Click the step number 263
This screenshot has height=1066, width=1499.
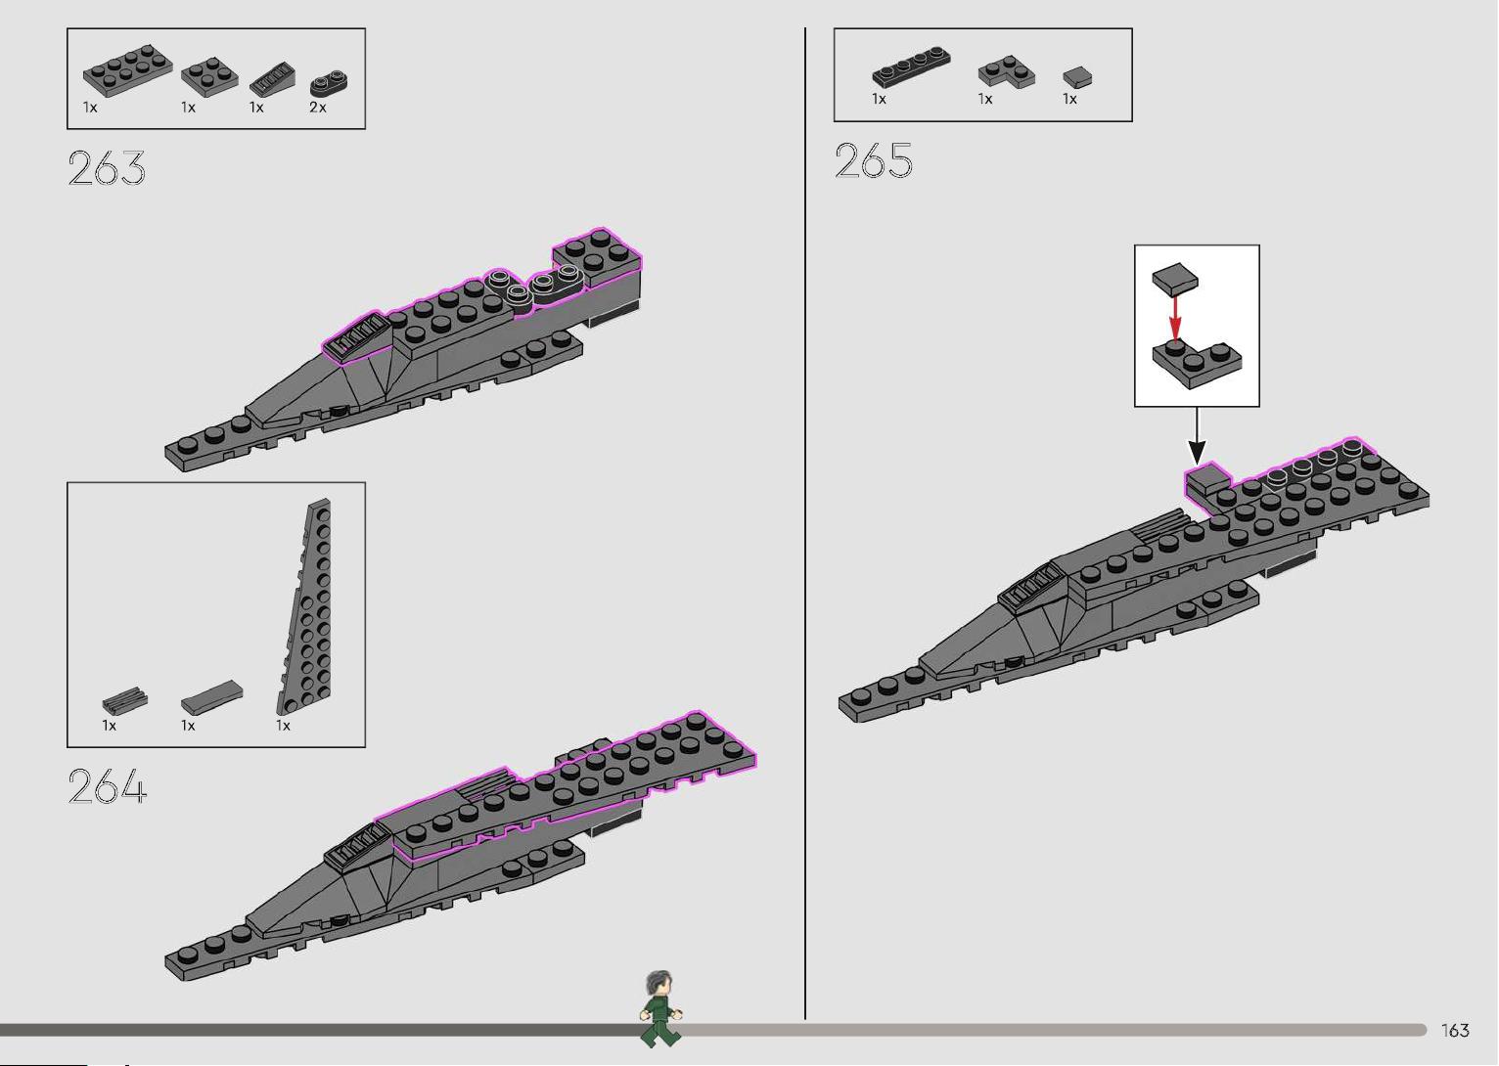(107, 167)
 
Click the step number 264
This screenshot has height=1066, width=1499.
(107, 785)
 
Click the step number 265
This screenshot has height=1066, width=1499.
(874, 160)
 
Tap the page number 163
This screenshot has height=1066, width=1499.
(1455, 1030)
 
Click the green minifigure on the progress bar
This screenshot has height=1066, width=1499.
(660, 1008)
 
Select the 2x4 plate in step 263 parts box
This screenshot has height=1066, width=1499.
(127, 70)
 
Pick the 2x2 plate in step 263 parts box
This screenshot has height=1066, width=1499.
(209, 77)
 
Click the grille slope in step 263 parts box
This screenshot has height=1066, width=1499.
(272, 79)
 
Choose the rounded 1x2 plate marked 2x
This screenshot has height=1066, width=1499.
(329, 83)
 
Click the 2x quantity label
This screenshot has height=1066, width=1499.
(317, 107)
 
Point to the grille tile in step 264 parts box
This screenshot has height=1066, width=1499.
(125, 699)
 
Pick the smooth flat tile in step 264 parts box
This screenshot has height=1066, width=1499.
(211, 697)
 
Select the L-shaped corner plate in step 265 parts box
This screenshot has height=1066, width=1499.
(1007, 70)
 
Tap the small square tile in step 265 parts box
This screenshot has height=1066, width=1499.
(1077, 77)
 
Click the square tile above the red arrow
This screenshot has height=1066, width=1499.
(1175, 279)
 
